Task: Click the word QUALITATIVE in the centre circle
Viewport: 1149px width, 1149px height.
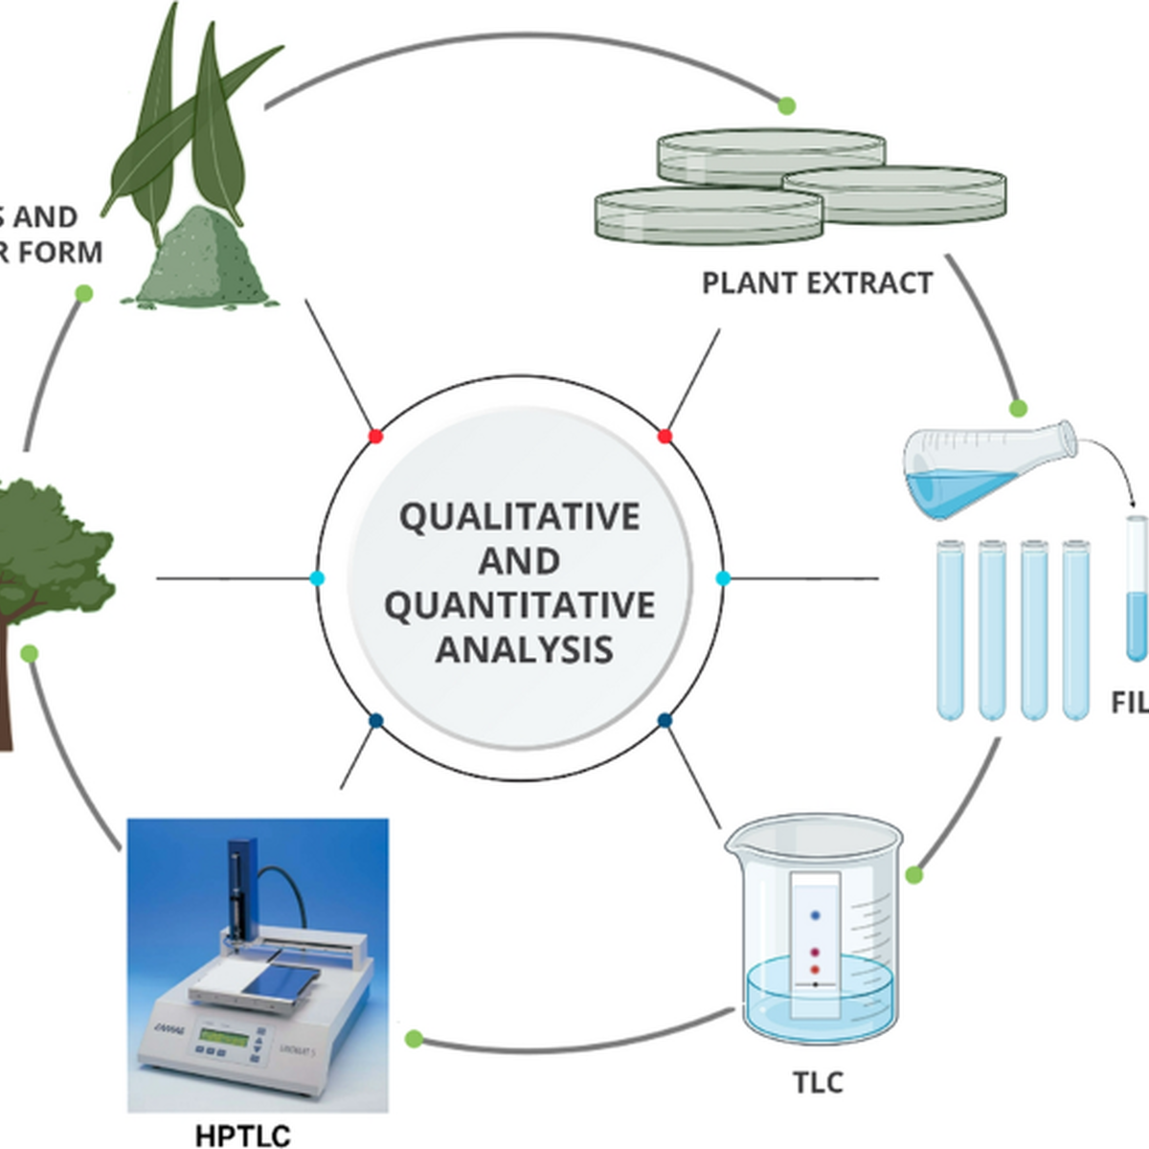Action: [x=519, y=517]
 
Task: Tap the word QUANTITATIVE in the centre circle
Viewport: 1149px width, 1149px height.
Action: [x=519, y=605]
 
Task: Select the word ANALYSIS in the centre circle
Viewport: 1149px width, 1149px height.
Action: [x=524, y=649]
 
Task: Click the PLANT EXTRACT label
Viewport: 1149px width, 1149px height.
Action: [x=817, y=283]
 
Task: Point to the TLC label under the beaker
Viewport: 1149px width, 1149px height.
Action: [x=818, y=1082]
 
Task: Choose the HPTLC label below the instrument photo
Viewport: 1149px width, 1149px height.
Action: [x=242, y=1136]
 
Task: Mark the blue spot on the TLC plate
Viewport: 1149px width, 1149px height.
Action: [x=816, y=915]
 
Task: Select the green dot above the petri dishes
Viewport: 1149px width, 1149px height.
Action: [x=786, y=105]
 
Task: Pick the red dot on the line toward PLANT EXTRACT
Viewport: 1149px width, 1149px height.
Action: [x=665, y=437]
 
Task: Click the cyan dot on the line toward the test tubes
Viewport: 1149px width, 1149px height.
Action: [x=723, y=578]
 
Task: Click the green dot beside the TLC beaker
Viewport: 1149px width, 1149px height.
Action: [x=913, y=874]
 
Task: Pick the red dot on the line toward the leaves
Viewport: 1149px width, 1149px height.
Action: [x=375, y=437]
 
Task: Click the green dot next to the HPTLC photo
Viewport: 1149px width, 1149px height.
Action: [x=414, y=1039]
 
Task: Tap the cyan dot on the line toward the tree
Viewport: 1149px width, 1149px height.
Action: [x=318, y=578]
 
